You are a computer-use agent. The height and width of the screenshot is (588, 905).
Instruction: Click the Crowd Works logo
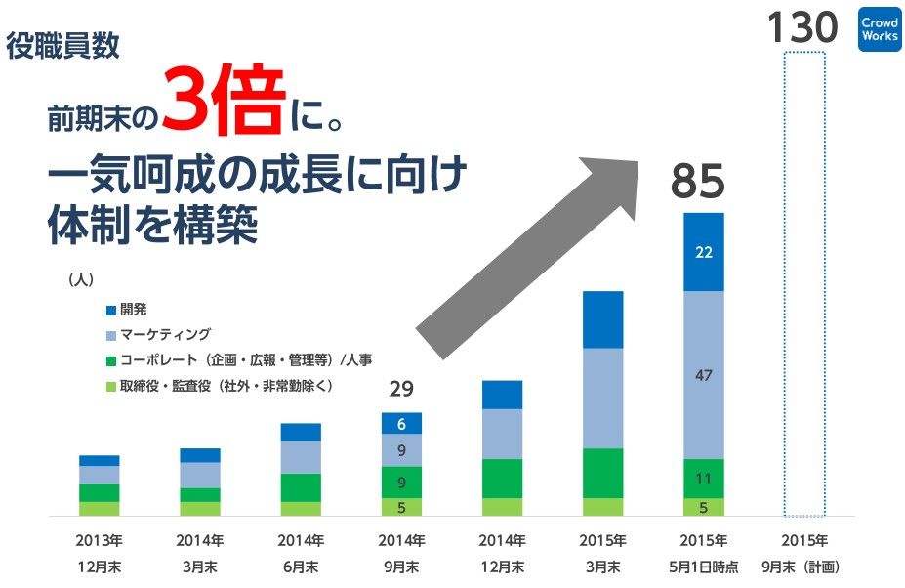point(879,29)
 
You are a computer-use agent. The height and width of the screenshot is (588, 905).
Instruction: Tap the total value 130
point(802,27)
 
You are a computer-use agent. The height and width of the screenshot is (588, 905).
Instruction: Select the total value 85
point(697,183)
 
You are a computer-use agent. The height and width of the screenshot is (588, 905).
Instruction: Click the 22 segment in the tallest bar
point(703,252)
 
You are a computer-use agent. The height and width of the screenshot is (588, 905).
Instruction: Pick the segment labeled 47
point(703,374)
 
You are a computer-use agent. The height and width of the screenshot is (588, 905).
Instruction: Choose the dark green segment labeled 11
point(703,479)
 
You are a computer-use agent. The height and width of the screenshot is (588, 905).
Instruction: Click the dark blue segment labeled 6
point(401,423)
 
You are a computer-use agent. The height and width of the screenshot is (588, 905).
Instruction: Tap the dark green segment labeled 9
point(401,482)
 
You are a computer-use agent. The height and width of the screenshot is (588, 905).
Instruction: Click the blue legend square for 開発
point(111,311)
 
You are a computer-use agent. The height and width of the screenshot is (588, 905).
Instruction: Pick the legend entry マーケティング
point(165,335)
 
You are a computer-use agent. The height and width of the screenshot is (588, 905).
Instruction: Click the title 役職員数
point(63,46)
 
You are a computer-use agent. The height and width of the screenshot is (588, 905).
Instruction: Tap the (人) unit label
point(80,279)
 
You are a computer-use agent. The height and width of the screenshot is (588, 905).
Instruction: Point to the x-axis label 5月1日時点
point(703,566)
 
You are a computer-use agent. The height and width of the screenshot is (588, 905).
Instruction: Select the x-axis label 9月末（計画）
point(804,566)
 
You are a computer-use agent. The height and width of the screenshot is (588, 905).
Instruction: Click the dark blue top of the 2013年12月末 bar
point(100,460)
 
